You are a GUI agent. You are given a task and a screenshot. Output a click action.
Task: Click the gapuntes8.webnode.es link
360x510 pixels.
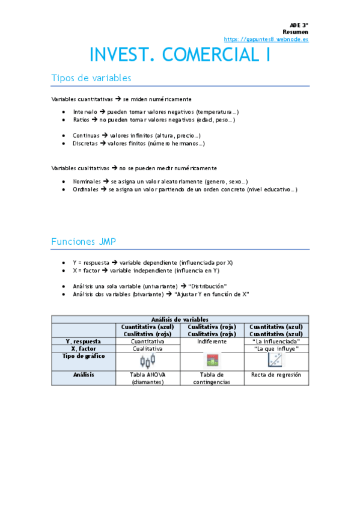click(x=266, y=39)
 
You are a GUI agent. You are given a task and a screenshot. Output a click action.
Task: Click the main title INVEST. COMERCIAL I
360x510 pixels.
click(x=180, y=55)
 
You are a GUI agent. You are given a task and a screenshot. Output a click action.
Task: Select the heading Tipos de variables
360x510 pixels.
click(x=91, y=78)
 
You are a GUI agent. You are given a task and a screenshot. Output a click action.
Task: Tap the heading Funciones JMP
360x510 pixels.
click(x=84, y=242)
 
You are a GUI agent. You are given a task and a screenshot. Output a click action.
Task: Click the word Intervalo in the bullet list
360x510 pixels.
click(x=85, y=112)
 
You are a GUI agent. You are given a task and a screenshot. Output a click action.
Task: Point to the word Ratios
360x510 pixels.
click(x=82, y=120)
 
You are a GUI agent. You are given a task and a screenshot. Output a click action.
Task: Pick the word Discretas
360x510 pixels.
click(x=85, y=144)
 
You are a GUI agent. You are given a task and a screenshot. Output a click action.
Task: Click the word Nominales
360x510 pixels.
click(x=87, y=181)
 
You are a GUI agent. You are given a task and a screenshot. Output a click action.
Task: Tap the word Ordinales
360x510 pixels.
click(x=86, y=189)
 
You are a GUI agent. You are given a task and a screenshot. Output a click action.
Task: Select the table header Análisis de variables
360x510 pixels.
click(x=180, y=319)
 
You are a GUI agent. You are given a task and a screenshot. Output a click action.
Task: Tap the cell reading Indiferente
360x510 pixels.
click(x=211, y=341)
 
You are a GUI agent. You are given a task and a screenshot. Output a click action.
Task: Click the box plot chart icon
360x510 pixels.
click(x=147, y=361)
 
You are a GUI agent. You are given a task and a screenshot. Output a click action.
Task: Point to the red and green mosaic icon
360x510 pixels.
click(x=211, y=361)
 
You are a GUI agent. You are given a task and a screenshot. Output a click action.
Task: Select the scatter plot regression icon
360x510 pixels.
click(x=276, y=360)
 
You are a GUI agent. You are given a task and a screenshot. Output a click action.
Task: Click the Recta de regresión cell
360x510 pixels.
click(x=276, y=375)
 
